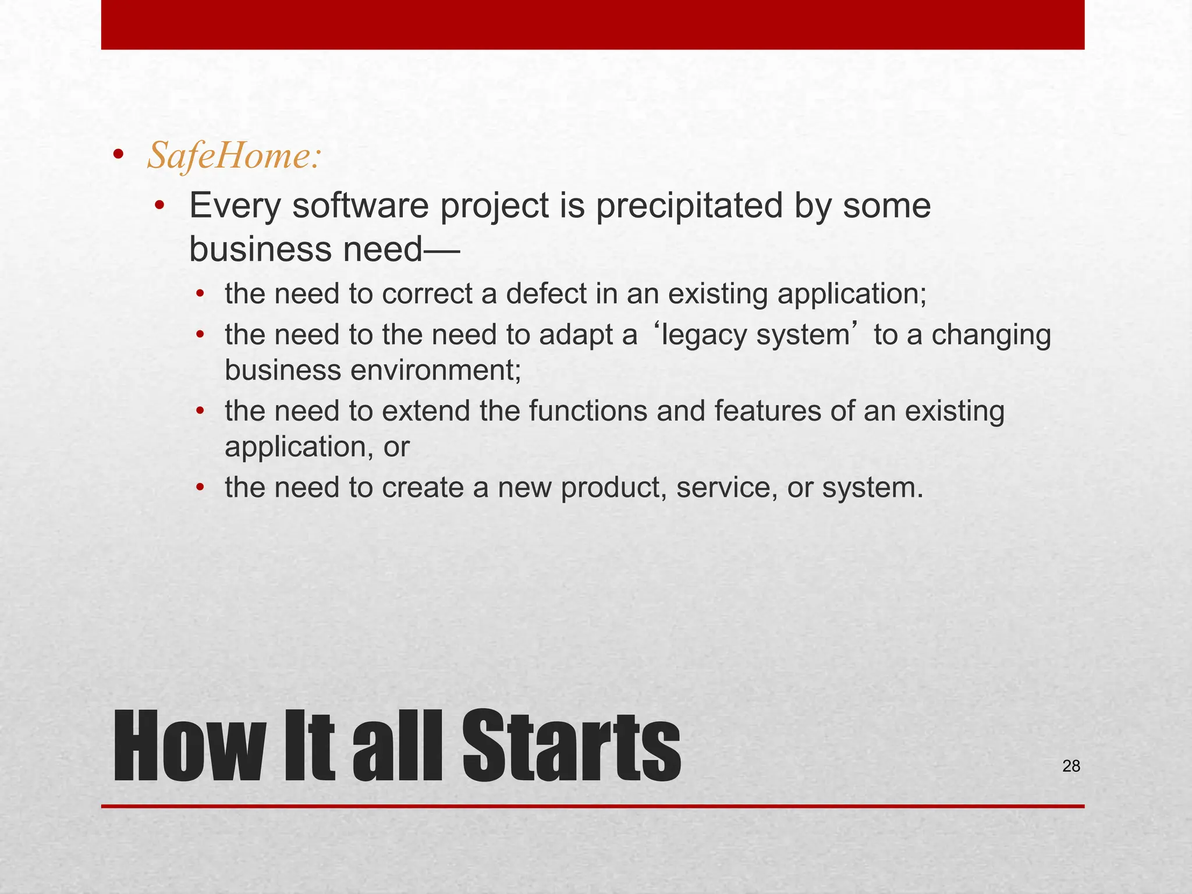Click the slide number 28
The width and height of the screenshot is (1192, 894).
click(1071, 767)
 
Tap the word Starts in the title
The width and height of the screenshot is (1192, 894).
click(571, 747)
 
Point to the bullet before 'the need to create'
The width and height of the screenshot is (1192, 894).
click(200, 488)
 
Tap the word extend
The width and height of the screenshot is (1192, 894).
click(426, 411)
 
